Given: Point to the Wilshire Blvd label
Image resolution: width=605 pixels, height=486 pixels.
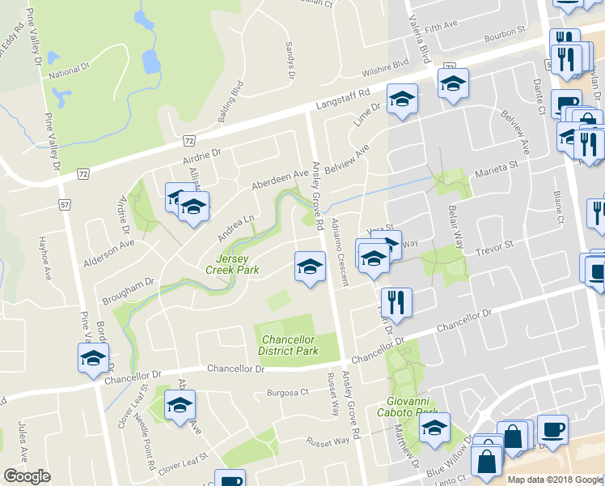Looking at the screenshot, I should (x=383, y=64).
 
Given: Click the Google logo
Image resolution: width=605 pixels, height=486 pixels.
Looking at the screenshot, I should (x=27, y=476).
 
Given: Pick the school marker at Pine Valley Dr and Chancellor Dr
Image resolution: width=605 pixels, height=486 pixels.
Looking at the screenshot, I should (x=93, y=357).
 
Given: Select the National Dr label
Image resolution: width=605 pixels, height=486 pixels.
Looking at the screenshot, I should (x=67, y=75).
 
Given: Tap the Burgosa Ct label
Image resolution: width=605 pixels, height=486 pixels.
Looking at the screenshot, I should (x=288, y=393).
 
